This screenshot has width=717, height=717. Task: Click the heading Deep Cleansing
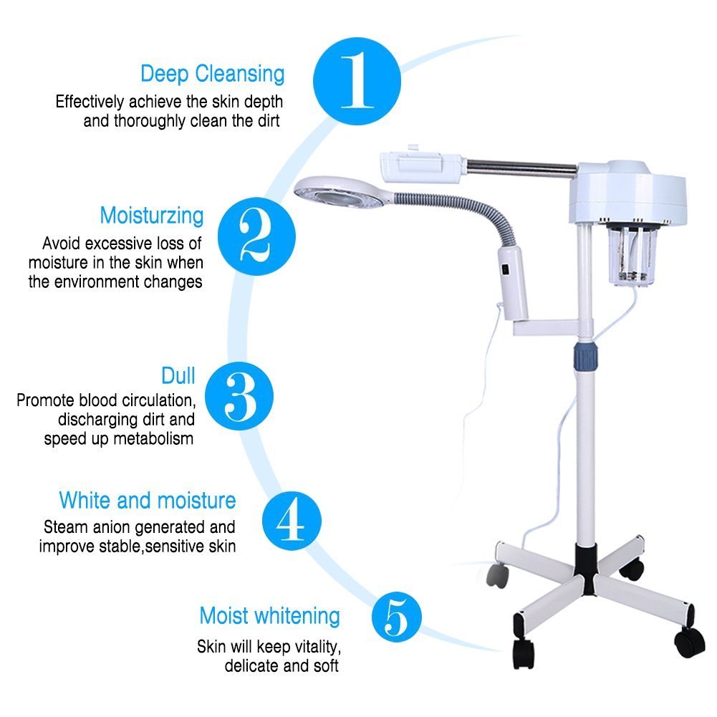[212, 74]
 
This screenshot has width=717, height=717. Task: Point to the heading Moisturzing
[152, 215]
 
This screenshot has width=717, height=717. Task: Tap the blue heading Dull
[178, 376]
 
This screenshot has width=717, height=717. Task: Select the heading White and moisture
[147, 499]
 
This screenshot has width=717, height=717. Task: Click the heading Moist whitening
[269, 615]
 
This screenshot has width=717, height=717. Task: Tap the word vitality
[310, 647]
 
